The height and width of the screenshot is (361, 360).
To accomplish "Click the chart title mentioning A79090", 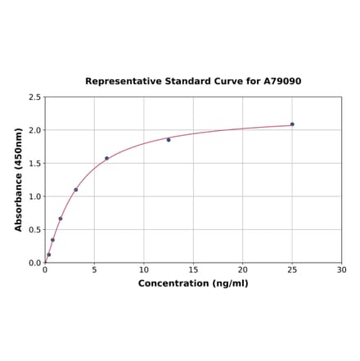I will click(x=193, y=82).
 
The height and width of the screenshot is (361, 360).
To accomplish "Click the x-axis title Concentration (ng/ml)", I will click(x=193, y=283).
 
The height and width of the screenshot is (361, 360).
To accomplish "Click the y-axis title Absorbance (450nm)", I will click(x=19, y=179).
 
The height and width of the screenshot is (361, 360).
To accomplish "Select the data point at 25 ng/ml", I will click(x=292, y=124).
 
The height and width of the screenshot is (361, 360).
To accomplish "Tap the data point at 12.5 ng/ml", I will click(x=169, y=140).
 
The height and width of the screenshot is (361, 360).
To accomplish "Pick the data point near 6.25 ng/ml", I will click(x=106, y=159).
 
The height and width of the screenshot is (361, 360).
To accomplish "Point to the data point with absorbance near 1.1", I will click(x=76, y=190).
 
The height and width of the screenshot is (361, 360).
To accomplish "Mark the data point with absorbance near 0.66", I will click(x=61, y=219).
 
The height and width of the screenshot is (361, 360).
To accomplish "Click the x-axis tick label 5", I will click(x=94, y=269).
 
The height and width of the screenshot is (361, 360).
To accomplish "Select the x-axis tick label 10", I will click(x=144, y=269).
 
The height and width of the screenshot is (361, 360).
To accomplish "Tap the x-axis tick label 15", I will click(x=193, y=269).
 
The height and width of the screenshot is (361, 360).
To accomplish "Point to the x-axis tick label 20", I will click(x=243, y=269).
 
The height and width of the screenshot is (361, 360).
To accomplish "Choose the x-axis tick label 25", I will click(x=292, y=269).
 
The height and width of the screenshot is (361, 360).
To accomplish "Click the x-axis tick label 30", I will click(x=342, y=269).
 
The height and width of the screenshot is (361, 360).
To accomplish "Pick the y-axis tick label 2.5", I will click(x=34, y=97).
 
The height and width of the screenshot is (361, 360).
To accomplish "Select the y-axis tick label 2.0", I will click(x=34, y=130).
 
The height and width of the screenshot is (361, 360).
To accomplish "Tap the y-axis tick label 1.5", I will click(x=34, y=164).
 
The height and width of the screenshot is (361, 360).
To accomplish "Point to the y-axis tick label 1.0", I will click(x=34, y=196).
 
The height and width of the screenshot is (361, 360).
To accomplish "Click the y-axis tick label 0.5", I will click(x=34, y=230).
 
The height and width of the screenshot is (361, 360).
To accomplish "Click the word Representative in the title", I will click(x=123, y=82).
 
